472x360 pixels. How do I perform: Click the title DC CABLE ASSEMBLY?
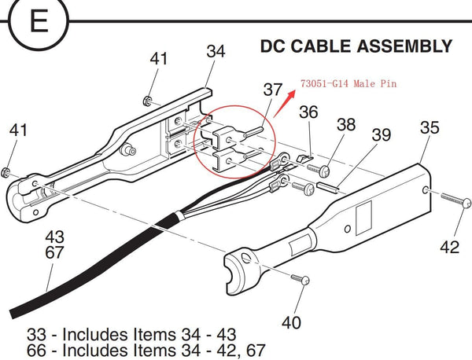(x=356, y=46)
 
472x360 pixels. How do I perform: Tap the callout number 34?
(x=216, y=52)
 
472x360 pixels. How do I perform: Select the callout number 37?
(x=272, y=90)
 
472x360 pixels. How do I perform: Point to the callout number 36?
(x=308, y=113)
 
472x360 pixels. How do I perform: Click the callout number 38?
(x=346, y=124)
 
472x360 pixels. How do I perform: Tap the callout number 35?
(x=430, y=128)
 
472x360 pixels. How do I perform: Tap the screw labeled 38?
(x=323, y=167)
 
